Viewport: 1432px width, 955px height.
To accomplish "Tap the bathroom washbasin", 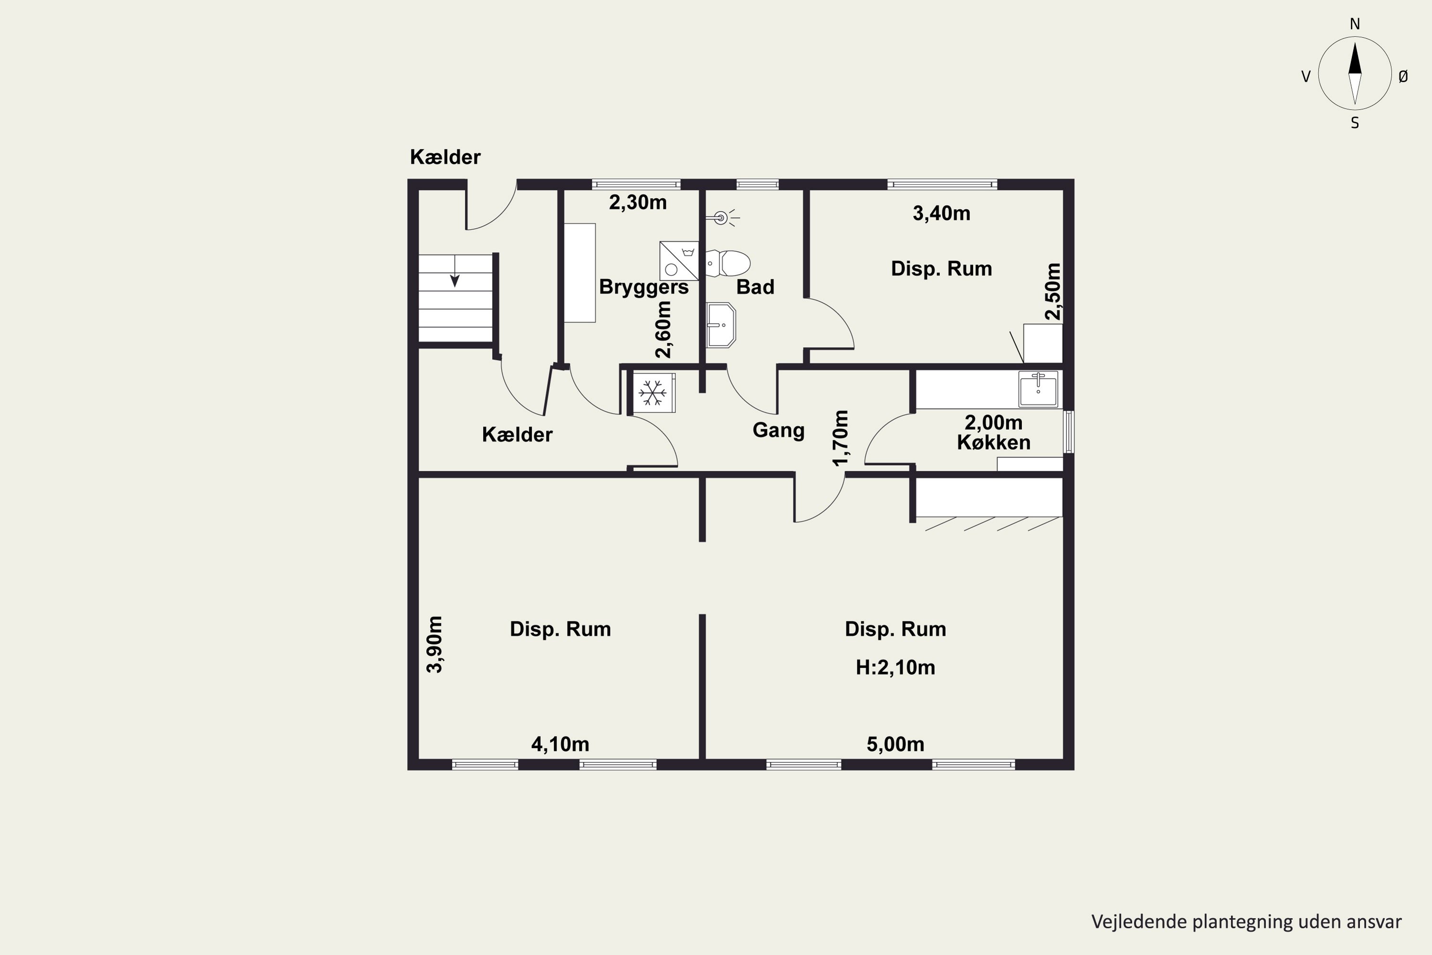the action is point(721,325).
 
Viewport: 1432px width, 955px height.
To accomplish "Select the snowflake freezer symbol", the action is point(652,393).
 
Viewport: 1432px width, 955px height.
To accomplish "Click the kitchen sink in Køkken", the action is point(1038,389).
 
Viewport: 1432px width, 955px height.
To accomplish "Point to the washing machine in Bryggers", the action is point(679,261).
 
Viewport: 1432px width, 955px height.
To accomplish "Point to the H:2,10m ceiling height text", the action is point(895,668).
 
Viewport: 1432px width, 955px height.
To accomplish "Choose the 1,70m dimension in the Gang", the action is point(840,438).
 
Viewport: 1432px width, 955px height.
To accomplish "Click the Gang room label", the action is point(778,430).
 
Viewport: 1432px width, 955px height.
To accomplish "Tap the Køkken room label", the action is point(994,442).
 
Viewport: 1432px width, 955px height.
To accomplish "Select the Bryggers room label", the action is point(643,287).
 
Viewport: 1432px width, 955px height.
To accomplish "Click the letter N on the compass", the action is point(1355,24).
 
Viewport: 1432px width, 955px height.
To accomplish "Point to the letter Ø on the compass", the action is point(1403,76).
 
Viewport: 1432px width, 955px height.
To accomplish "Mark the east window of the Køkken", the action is point(1069,432).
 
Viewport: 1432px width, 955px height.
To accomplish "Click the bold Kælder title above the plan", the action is point(445,157).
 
